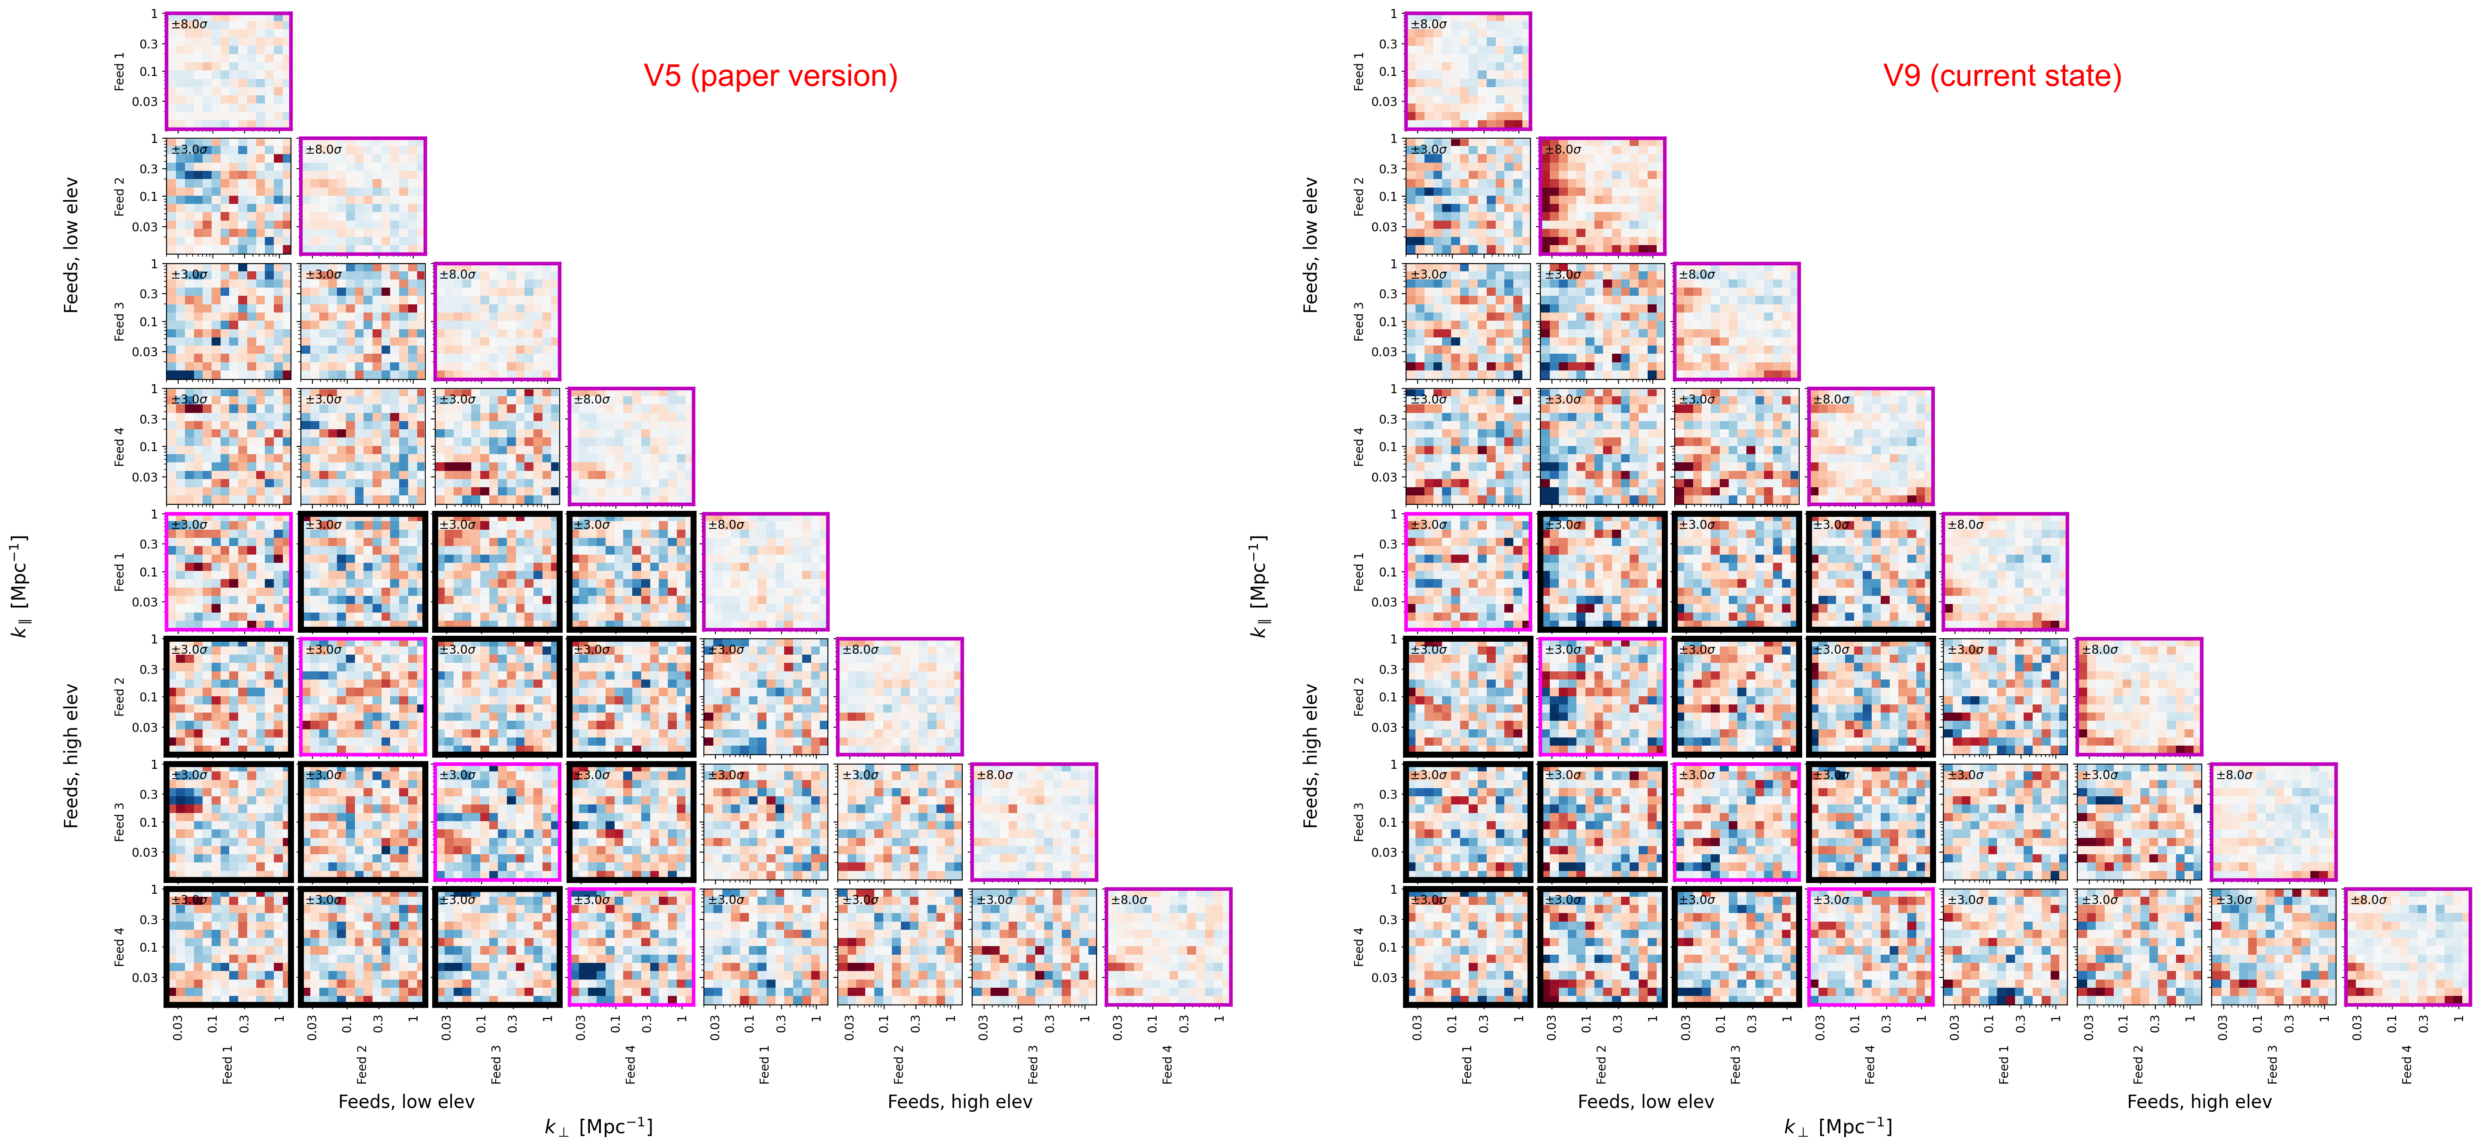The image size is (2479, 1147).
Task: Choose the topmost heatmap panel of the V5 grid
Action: tap(228, 71)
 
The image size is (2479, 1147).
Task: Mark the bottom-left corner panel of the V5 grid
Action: tap(228, 947)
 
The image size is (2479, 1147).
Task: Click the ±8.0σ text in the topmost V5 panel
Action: tap(190, 24)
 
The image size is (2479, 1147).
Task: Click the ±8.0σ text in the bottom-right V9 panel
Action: tap(2369, 900)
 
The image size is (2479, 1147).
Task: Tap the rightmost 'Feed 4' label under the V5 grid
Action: tap(1167, 1064)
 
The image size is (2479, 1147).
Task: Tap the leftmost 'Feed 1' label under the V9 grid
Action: tap(1467, 1064)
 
